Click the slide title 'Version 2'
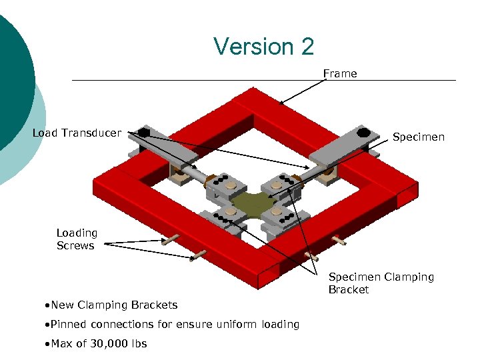(263, 47)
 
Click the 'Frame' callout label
(340, 73)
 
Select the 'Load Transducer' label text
(77, 133)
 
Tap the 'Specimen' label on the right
(418, 137)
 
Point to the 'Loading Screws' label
(77, 239)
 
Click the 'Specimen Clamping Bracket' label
(381, 283)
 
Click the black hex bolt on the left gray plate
(143, 132)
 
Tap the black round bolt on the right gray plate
(363, 132)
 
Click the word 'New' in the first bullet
(62, 305)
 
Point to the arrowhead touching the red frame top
(281, 104)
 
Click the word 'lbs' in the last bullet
(137, 344)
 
